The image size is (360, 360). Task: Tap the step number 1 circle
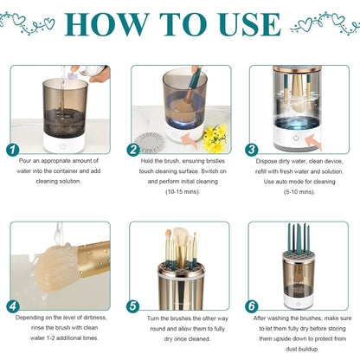[x=11, y=149]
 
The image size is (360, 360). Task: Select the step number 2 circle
[x=133, y=149]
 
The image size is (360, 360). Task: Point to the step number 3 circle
[x=252, y=149]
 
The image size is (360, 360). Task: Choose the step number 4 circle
[x=11, y=305]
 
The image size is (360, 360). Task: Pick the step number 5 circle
[x=133, y=305]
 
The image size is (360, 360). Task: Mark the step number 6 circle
[x=252, y=305]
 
